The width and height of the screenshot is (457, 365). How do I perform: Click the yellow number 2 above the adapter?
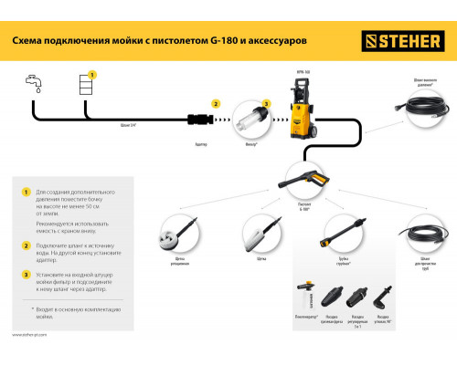(x=218, y=104)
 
